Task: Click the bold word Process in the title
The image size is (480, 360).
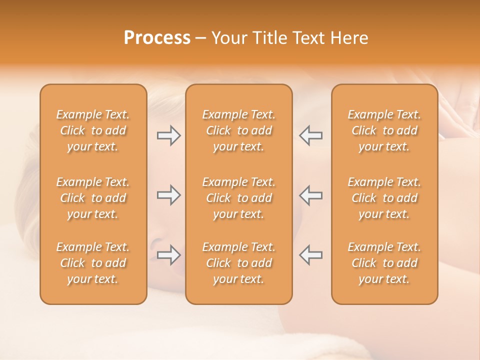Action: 157,38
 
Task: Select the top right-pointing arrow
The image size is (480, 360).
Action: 168,135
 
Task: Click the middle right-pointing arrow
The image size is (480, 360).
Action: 168,195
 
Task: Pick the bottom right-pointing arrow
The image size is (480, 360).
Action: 168,255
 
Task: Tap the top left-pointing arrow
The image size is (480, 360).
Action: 311,135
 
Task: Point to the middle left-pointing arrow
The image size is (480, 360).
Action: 311,195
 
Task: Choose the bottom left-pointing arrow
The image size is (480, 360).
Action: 311,255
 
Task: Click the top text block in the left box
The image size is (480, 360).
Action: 93,130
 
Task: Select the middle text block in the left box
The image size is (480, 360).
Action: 93,198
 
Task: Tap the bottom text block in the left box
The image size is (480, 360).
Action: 93,263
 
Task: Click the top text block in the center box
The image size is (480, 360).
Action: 238,130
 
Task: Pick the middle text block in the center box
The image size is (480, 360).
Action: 238,198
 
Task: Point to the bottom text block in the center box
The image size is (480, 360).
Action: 238,263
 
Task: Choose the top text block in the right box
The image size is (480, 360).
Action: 384,130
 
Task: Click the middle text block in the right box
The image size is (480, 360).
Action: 384,198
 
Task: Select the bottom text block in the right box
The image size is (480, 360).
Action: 384,263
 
